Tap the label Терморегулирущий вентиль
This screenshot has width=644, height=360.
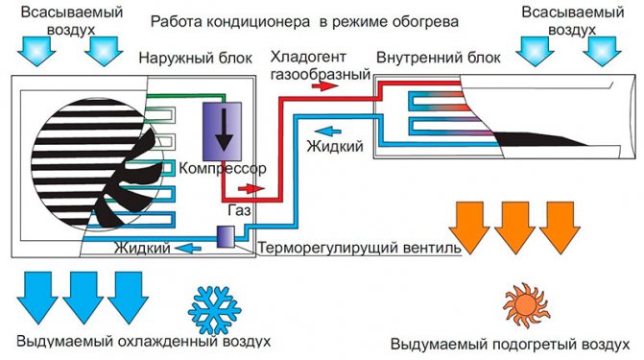click(x=359, y=248)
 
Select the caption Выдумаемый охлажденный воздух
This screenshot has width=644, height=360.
click(x=143, y=341)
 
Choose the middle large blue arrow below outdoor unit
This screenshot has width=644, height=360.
click(x=83, y=295)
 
